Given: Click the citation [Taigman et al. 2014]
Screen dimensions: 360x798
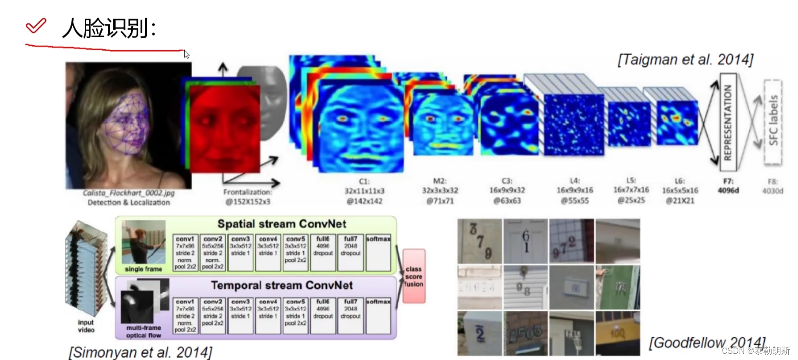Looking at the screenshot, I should pyautogui.click(x=685, y=60).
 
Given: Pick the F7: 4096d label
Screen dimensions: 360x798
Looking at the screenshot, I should pyautogui.click(x=728, y=186).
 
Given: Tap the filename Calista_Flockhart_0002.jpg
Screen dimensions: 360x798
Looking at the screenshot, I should pyautogui.click(x=129, y=193).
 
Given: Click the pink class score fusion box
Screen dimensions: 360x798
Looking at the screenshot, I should pyautogui.click(x=414, y=276).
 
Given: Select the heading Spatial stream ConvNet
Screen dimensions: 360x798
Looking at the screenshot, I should pyautogui.click(x=281, y=224).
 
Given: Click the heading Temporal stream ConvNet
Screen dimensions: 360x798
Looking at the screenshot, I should pyautogui.click(x=281, y=285).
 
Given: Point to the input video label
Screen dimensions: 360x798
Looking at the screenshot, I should pyautogui.click(x=86, y=326).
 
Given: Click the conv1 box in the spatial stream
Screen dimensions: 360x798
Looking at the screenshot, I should pyautogui.click(x=185, y=253).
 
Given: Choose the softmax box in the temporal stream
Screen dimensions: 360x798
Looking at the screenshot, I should pyautogui.click(x=378, y=316).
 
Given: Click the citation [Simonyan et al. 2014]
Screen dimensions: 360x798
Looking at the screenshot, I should pyautogui.click(x=141, y=352).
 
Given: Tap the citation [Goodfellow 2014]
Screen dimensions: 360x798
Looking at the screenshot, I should pyautogui.click(x=707, y=343).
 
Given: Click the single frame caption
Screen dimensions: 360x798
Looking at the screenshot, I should pyautogui.click(x=143, y=269).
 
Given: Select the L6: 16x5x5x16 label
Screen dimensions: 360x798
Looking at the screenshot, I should pyautogui.click(x=679, y=190).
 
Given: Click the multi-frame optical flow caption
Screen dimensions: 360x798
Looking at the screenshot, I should pyautogui.click(x=143, y=331).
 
